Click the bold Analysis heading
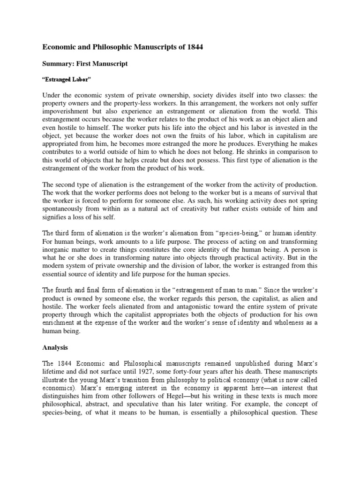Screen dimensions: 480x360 [56, 348]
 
